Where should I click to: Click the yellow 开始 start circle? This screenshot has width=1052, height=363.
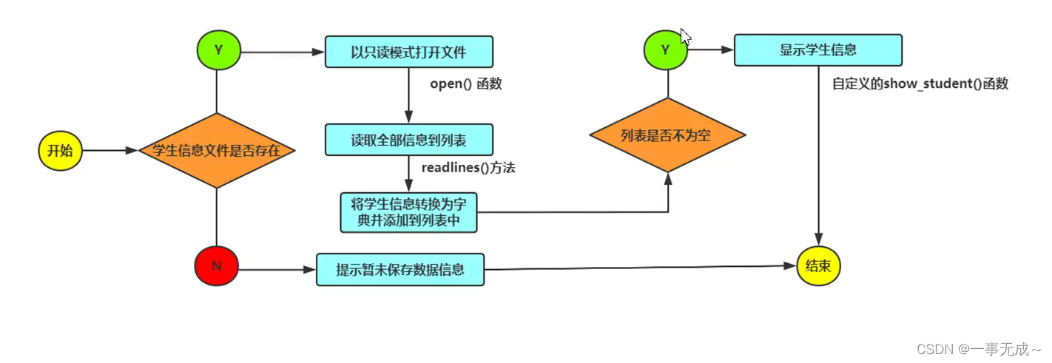(60, 151)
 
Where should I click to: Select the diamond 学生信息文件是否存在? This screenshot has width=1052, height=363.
(217, 150)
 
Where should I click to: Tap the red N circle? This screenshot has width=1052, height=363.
(216, 265)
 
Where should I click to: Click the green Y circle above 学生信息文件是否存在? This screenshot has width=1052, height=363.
(218, 51)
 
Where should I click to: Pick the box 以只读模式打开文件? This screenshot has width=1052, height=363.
(409, 52)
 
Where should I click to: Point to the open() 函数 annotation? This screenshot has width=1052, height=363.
(465, 84)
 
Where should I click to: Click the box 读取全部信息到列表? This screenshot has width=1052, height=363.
(408, 139)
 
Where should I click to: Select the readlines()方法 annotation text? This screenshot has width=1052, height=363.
(468, 168)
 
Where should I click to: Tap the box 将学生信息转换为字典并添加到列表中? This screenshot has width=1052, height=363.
(408, 212)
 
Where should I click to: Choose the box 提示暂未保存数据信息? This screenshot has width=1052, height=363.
(400, 270)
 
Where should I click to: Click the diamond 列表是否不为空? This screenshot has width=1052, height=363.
(667, 135)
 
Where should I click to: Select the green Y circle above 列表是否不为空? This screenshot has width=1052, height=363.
(666, 50)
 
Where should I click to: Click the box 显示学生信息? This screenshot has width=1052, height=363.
(817, 50)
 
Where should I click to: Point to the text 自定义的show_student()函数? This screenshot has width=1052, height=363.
(920, 84)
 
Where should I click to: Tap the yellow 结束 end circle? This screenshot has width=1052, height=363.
(818, 266)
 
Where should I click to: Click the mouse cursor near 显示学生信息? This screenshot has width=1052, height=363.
(685, 37)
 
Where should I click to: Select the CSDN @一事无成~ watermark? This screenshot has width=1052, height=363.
(978, 349)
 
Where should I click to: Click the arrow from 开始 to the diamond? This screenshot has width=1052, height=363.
(110, 151)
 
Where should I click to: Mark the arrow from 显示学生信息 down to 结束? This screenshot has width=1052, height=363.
(818, 155)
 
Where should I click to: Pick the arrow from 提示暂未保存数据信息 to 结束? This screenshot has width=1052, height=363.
(640, 267)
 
